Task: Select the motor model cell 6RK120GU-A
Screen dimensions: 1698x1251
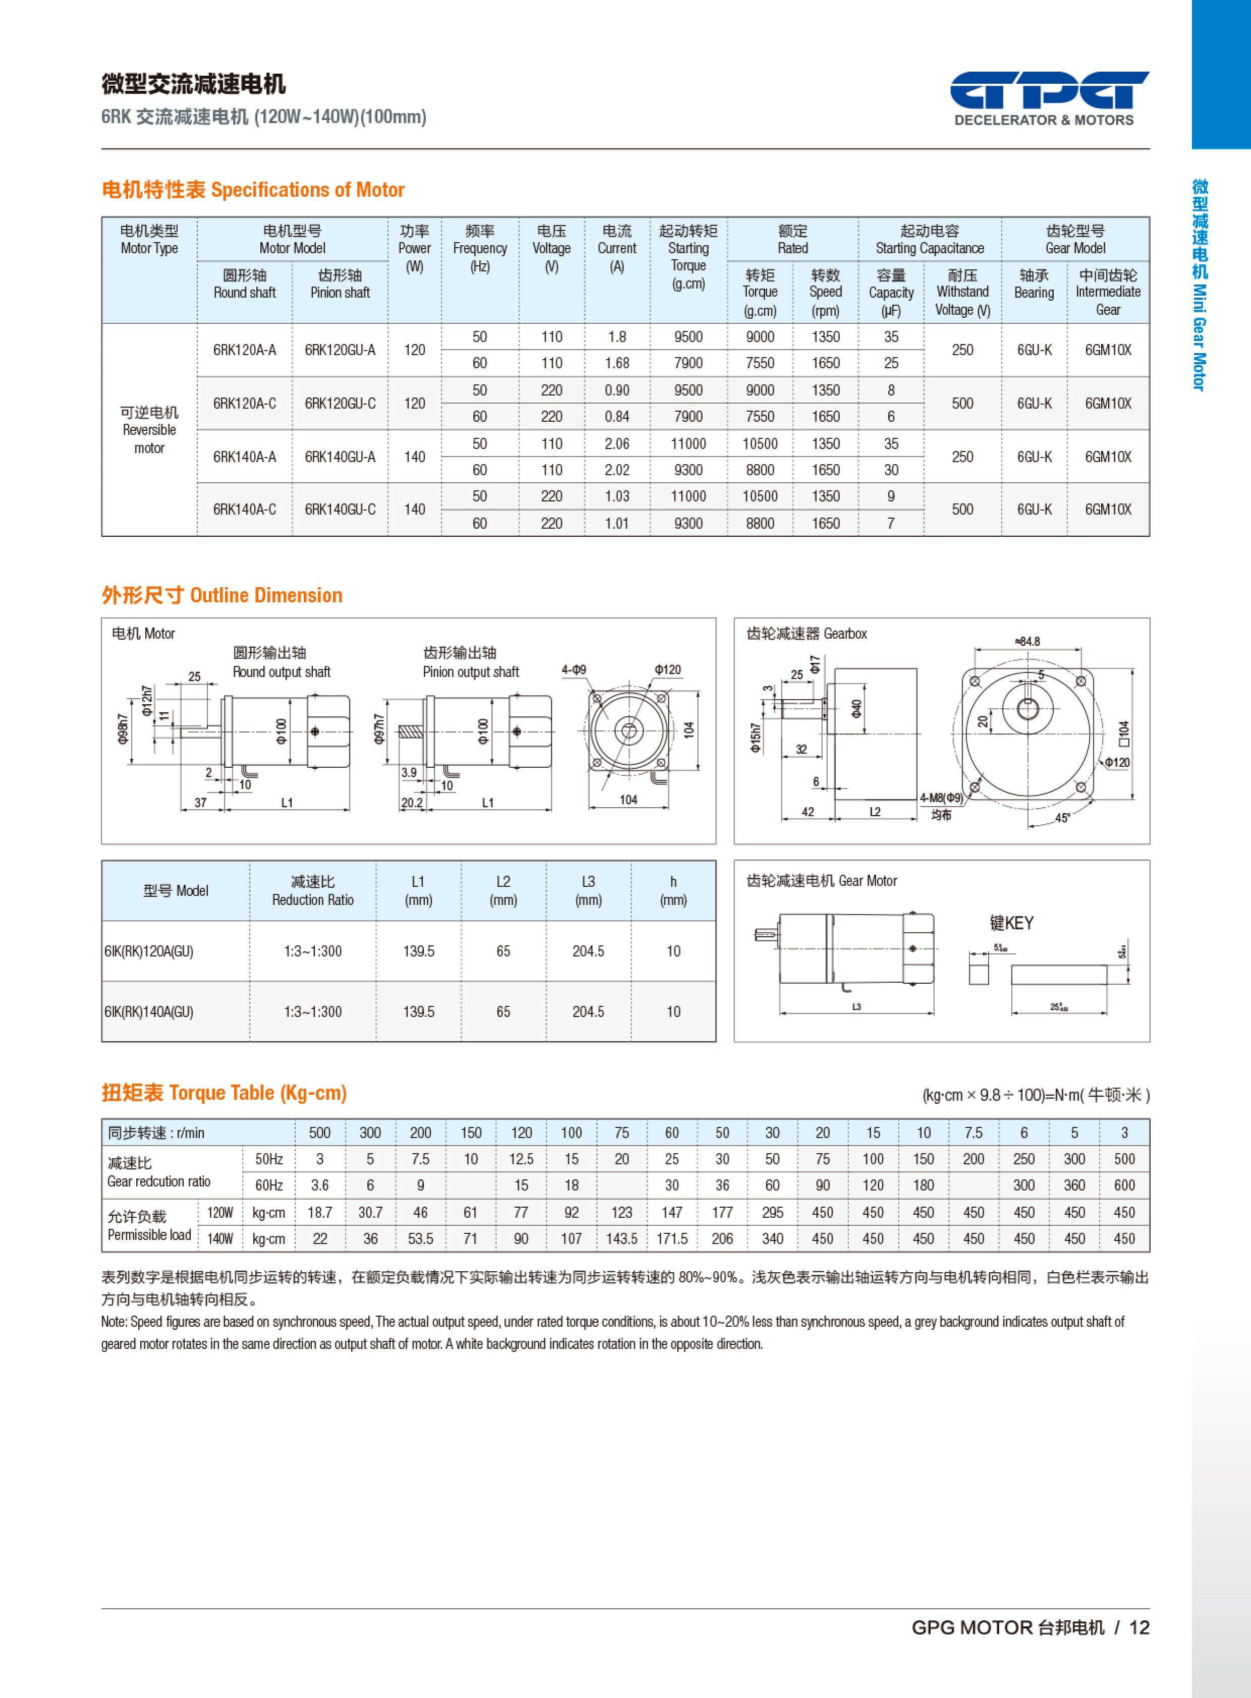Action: pyautogui.click(x=340, y=350)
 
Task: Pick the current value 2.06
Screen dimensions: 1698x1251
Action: pyautogui.click(x=616, y=444)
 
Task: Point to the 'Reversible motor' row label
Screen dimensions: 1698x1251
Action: pyautogui.click(x=149, y=429)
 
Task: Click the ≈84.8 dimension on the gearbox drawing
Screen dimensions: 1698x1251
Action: pyautogui.click(x=1027, y=642)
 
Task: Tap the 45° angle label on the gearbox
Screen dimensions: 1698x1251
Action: pyautogui.click(x=1062, y=818)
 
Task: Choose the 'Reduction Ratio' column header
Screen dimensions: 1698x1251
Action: pyautogui.click(x=313, y=891)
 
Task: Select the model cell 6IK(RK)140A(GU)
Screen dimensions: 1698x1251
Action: pyautogui.click(x=149, y=1012)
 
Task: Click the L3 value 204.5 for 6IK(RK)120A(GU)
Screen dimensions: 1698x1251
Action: pyautogui.click(x=588, y=951)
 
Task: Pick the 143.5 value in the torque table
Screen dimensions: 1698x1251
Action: pyautogui.click(x=621, y=1239)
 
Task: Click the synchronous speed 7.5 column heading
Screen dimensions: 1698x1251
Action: pyautogui.click(x=973, y=1133)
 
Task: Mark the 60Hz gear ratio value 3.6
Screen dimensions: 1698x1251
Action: pyautogui.click(x=320, y=1185)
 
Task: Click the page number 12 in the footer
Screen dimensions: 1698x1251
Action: pyautogui.click(x=1139, y=1627)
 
